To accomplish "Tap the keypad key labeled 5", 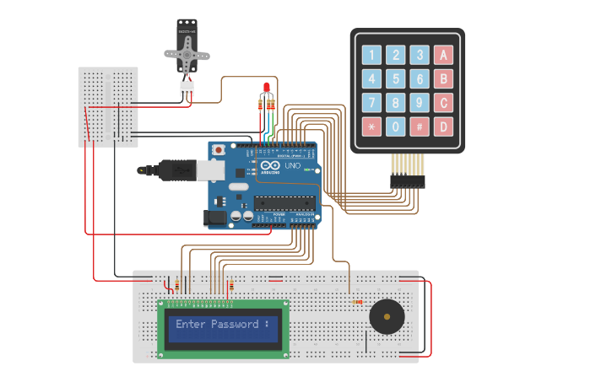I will coord(395,79).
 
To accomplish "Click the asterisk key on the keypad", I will coord(371,127).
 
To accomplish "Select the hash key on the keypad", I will coord(419,127).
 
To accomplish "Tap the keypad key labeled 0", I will coord(395,127).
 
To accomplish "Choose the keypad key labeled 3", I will coord(419,56).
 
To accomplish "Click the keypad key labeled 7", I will coord(371,104).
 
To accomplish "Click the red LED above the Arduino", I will coord(265,88).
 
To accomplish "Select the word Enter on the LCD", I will coord(190,325).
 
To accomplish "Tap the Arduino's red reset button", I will coord(219,149).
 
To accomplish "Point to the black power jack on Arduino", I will coord(216,218).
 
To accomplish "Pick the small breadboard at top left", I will coord(108,106).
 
